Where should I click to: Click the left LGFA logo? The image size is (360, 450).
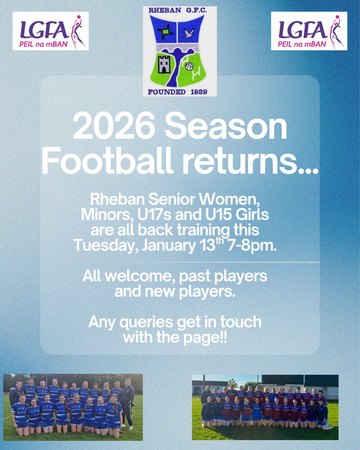[x=51, y=31]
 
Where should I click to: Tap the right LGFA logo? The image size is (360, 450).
[x=309, y=31]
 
